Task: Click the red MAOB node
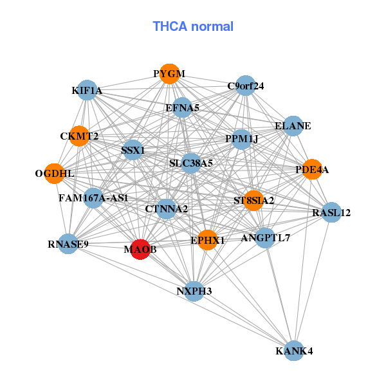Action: [x=141, y=249]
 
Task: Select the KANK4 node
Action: [x=294, y=351]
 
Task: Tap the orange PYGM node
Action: [x=169, y=74]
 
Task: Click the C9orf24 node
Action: [x=245, y=86]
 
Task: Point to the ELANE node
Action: [x=293, y=126]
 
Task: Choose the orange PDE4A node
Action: [x=312, y=170]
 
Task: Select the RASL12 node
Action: [x=331, y=212]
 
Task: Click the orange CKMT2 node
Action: [x=79, y=136]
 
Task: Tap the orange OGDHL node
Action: [x=55, y=174]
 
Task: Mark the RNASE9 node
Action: [x=68, y=244]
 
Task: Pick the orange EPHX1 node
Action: [x=207, y=240]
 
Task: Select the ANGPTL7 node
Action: [x=265, y=238]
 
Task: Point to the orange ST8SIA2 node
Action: [x=253, y=201]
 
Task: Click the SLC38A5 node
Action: [x=191, y=163]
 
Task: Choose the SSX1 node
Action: [x=133, y=151]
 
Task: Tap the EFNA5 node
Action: [x=183, y=108]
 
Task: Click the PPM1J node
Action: [x=241, y=139]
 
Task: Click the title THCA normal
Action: [x=193, y=26]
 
